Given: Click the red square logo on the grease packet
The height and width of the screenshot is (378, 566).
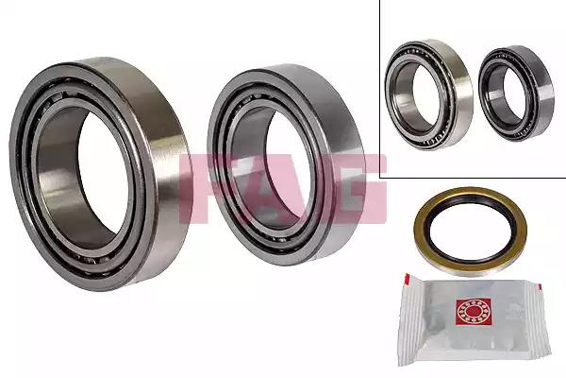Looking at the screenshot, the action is tap(474, 312).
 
